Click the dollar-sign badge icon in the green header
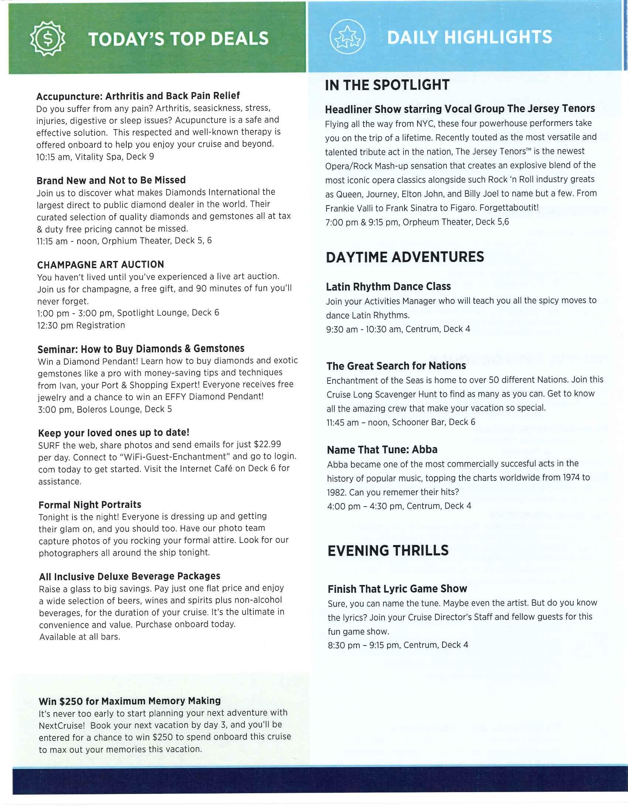tap(48, 39)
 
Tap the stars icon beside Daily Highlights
tap(348, 37)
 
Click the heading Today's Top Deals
tap(178, 39)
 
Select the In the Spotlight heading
tap(387, 85)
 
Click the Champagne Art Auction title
tap(100, 264)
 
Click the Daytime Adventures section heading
tap(405, 257)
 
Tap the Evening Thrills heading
tap(388, 551)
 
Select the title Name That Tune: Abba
tap(382, 450)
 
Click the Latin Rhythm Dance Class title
tap(388, 287)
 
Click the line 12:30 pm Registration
tap(81, 325)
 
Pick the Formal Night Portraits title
tap(90, 505)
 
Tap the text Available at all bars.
tap(80, 637)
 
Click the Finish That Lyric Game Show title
tap(397, 589)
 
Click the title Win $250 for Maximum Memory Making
tap(129, 701)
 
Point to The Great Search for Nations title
tap(396, 366)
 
